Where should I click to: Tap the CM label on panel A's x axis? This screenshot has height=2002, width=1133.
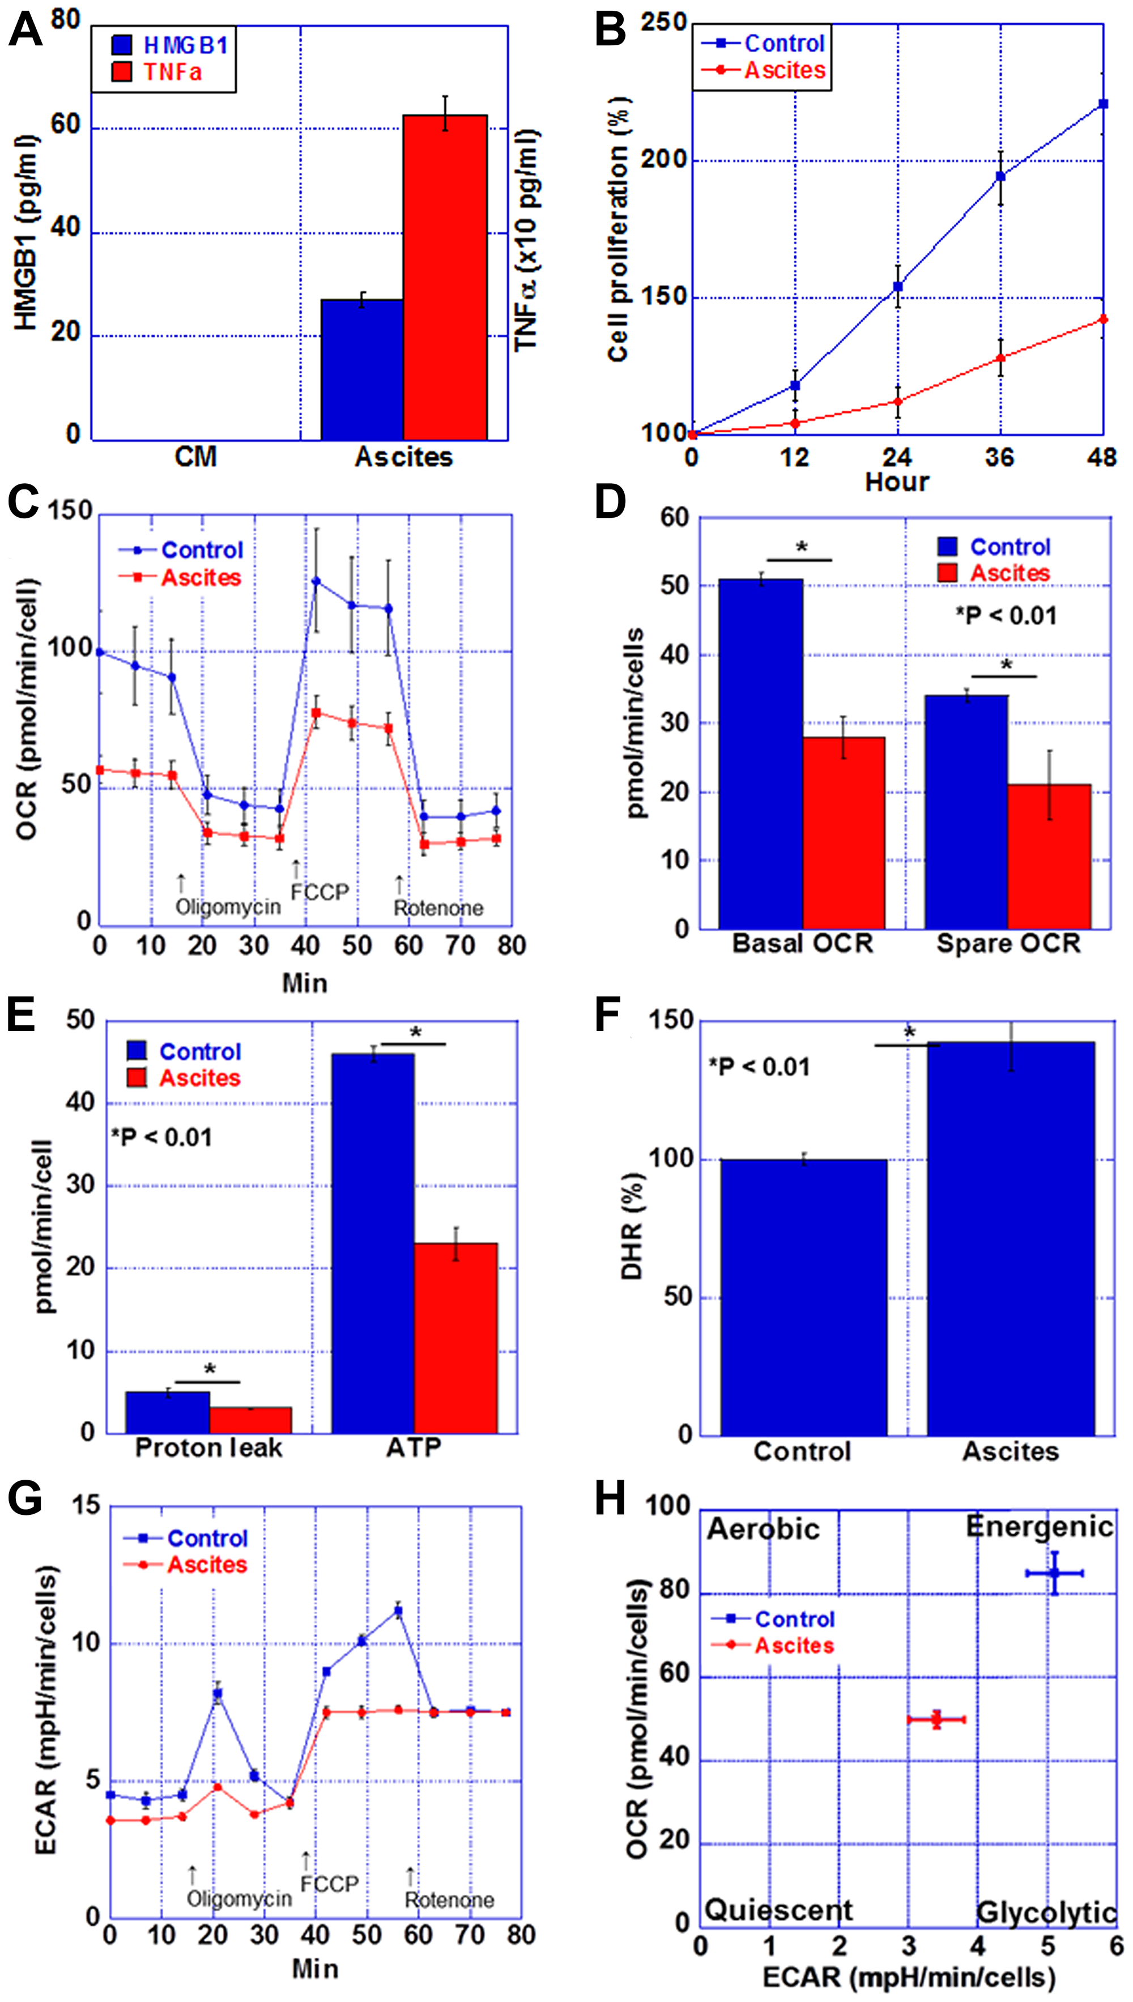(x=195, y=457)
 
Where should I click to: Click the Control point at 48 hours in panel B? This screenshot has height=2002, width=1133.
(x=1102, y=104)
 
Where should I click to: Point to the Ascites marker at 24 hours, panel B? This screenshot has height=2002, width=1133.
(x=897, y=402)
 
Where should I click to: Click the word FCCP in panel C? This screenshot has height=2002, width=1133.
(x=320, y=892)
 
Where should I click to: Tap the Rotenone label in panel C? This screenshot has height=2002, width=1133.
(x=438, y=908)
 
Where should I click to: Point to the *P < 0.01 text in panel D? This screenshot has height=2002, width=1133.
(x=1006, y=616)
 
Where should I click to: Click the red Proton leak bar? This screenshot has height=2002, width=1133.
(x=250, y=1420)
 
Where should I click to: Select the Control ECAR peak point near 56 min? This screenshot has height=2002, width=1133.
(x=398, y=1612)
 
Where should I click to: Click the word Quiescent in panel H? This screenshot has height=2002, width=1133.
(x=778, y=1910)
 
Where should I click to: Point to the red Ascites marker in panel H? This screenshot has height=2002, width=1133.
(x=936, y=1719)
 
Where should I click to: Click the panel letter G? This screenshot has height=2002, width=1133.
(x=25, y=1498)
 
